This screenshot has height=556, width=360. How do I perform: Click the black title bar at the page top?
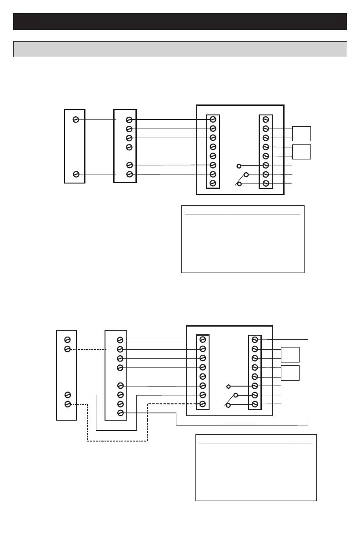(180, 21)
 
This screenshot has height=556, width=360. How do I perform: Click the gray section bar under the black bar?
(180, 49)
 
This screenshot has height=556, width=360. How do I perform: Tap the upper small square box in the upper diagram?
(301, 134)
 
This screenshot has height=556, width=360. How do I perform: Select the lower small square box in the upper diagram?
(301, 152)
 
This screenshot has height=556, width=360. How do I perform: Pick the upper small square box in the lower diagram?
(290, 354)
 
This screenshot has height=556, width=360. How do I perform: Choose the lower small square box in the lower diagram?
(290, 372)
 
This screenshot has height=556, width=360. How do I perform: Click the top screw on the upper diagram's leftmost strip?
(77, 119)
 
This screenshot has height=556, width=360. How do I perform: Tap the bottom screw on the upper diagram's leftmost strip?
(77, 174)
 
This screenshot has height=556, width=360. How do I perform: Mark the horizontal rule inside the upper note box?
(243, 213)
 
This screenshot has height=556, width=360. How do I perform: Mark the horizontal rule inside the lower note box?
(255, 442)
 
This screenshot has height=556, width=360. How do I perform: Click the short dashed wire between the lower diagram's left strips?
(89, 349)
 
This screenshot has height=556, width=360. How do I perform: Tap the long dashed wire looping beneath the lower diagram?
(117, 441)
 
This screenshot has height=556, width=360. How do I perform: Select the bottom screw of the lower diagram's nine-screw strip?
(120, 413)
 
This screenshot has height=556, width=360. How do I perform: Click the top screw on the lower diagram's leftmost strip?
(68, 340)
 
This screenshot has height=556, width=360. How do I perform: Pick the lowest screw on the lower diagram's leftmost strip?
(68, 404)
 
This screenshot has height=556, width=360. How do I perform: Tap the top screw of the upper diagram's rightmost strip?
(266, 119)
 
